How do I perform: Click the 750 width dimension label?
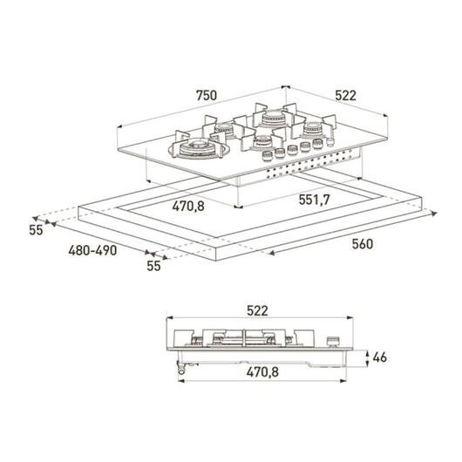click(207, 96)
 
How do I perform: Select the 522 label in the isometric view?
click(345, 96)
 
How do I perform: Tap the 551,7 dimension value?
click(314, 200)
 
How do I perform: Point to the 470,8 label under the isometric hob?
click(188, 206)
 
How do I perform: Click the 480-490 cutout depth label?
click(92, 250)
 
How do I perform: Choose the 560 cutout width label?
click(363, 244)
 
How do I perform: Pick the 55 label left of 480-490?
click(36, 230)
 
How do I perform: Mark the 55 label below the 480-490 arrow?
click(153, 266)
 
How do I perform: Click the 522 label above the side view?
click(257, 311)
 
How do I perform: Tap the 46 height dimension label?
click(379, 357)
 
